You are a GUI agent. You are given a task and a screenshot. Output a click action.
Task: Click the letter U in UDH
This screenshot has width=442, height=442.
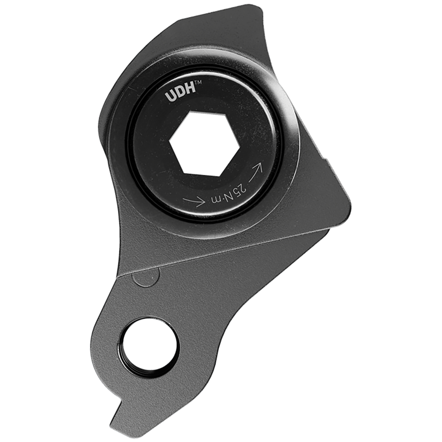(x=169, y=96)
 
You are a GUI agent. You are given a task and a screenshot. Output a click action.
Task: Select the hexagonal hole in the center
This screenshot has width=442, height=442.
(x=204, y=142)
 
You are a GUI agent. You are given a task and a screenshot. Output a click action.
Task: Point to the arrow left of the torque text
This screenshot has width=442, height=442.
(x=193, y=201)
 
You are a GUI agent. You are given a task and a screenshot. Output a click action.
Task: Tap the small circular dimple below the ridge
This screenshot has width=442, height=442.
(x=145, y=277)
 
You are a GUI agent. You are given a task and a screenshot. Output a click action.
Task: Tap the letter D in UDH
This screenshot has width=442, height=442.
(x=179, y=93)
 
